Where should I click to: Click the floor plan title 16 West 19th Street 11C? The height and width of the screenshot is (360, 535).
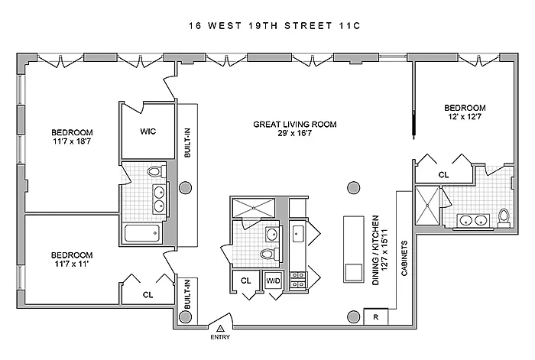pos(267,26)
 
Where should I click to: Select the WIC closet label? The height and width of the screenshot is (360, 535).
pos(148,131)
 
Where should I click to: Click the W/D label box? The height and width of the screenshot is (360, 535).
pos(273,281)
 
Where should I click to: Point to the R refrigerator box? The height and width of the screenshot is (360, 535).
pos(376,316)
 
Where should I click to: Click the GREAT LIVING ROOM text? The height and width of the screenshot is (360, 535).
pos(295,124)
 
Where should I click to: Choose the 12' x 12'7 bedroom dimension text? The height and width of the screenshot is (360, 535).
pos(465,117)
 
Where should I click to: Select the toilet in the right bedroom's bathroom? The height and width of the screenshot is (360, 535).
pos(504,218)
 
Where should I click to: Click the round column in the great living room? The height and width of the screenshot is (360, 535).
pos(352,186)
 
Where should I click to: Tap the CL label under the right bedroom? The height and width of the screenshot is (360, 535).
pos(443,175)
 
